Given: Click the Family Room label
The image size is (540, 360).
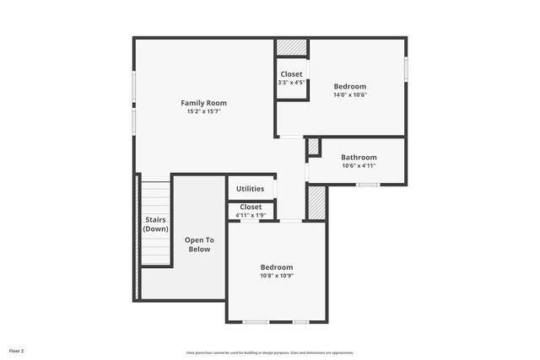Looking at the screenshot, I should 203,103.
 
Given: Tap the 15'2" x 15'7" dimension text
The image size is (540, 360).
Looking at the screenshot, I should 203,111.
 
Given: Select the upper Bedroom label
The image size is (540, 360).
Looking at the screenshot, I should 349,86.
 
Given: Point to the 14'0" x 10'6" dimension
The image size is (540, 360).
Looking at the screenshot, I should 349,94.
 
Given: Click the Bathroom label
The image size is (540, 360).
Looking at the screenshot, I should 359,157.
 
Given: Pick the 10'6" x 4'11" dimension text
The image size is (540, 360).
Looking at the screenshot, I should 359,165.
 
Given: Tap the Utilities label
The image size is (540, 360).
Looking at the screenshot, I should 250,189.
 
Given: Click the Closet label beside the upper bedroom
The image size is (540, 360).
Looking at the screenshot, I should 291,74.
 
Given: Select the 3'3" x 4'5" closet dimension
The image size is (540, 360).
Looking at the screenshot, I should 291,83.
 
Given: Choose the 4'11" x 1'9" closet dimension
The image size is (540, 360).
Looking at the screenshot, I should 251,215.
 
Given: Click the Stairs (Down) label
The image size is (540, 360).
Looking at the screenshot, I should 155,224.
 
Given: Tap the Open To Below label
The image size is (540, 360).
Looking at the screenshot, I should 199,244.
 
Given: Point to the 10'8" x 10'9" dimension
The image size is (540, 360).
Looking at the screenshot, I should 276,276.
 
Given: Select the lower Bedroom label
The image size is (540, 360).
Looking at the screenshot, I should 276,267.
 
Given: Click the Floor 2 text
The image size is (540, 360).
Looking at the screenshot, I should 16,350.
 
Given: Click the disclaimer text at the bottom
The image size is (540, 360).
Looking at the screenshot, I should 270,352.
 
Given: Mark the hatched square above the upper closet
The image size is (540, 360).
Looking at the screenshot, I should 292,47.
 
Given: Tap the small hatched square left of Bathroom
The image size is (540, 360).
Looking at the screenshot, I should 313,147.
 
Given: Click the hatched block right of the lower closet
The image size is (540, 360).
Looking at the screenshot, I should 316,202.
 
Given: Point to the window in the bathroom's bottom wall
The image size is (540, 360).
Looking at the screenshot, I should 367,185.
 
